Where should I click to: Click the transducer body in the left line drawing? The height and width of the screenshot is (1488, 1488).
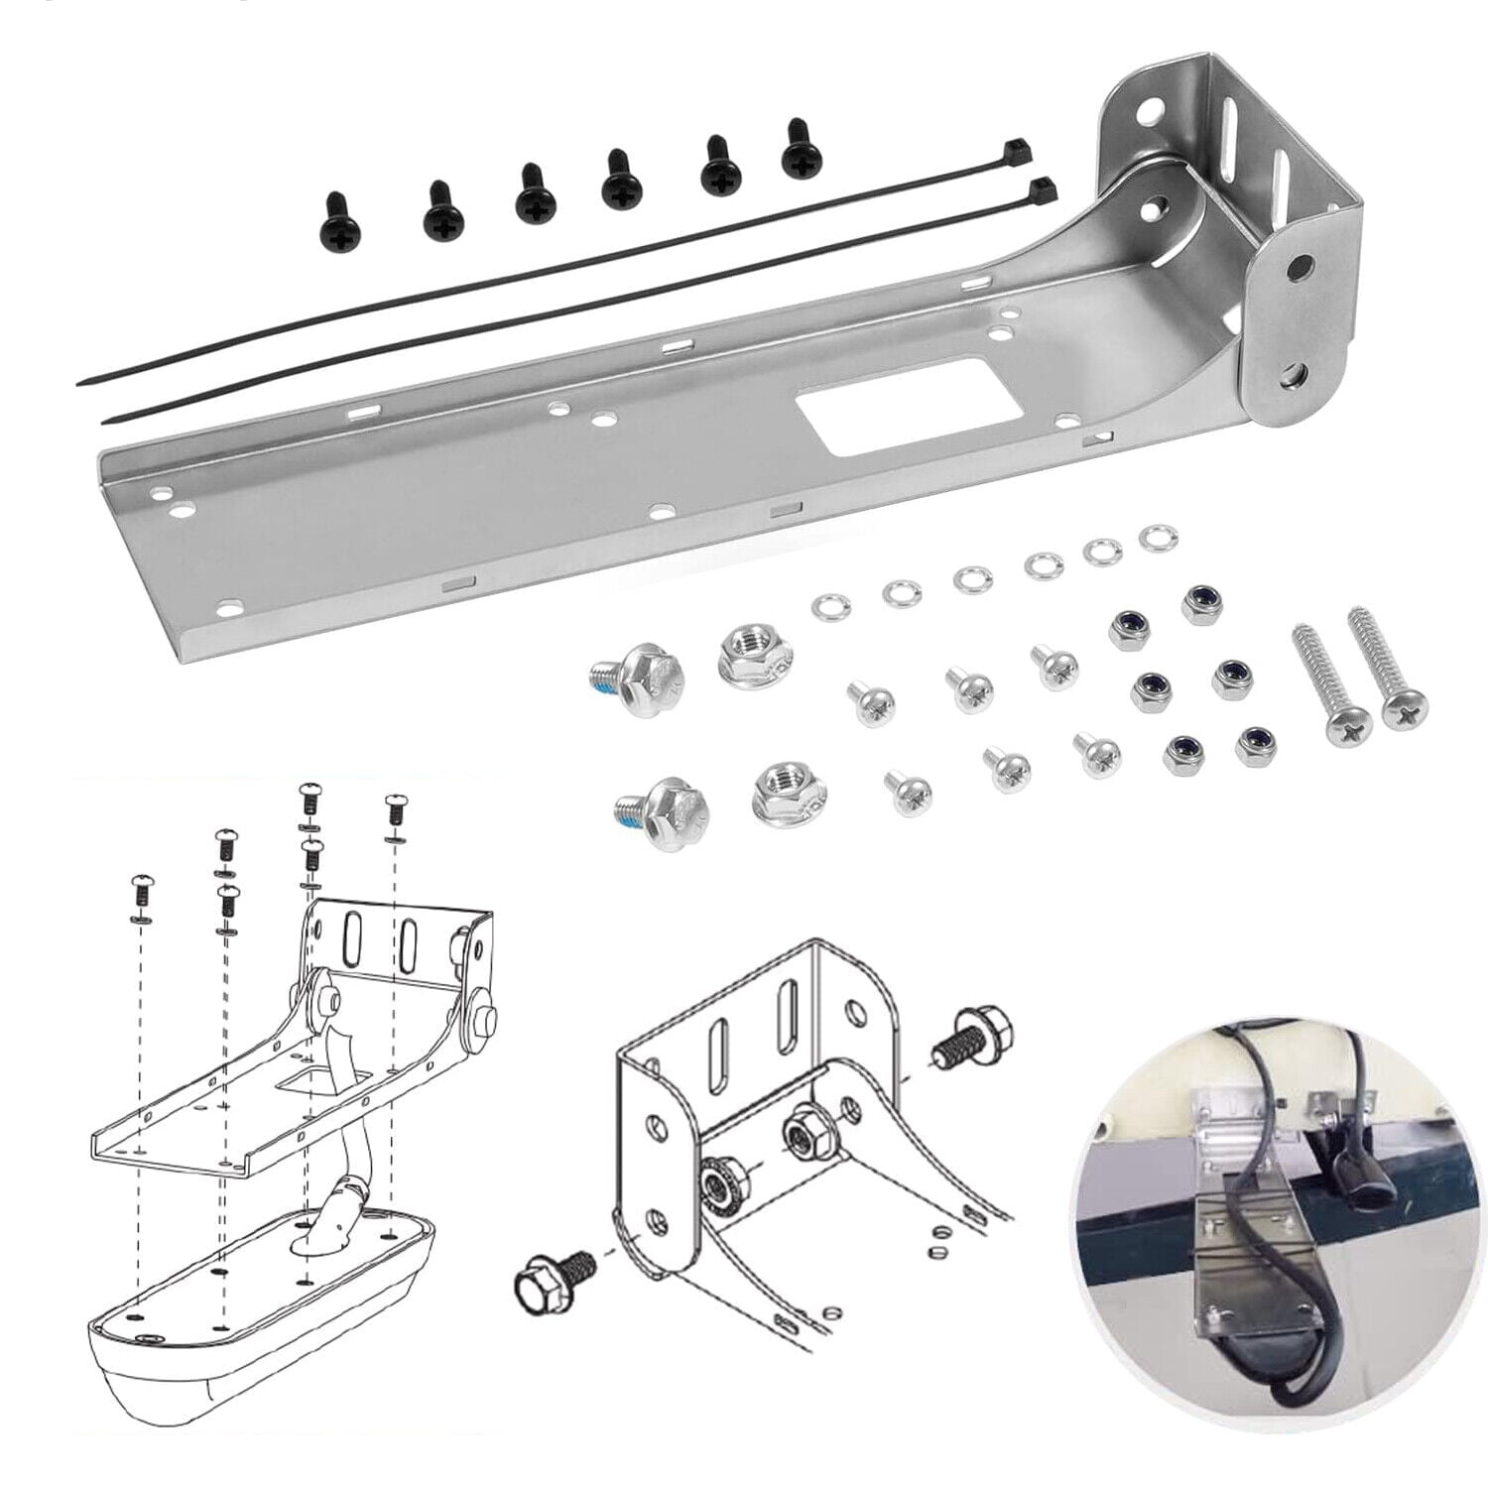click(258, 1329)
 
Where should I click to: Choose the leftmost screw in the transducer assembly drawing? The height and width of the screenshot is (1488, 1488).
click(141, 893)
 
